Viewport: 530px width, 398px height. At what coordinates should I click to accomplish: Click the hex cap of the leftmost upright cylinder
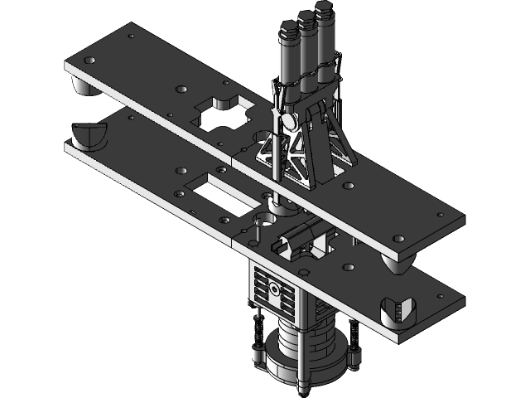click(287, 31)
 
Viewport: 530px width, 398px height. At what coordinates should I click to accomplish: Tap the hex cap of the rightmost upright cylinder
click(323, 12)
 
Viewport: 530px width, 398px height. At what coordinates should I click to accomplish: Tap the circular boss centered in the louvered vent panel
click(273, 290)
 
